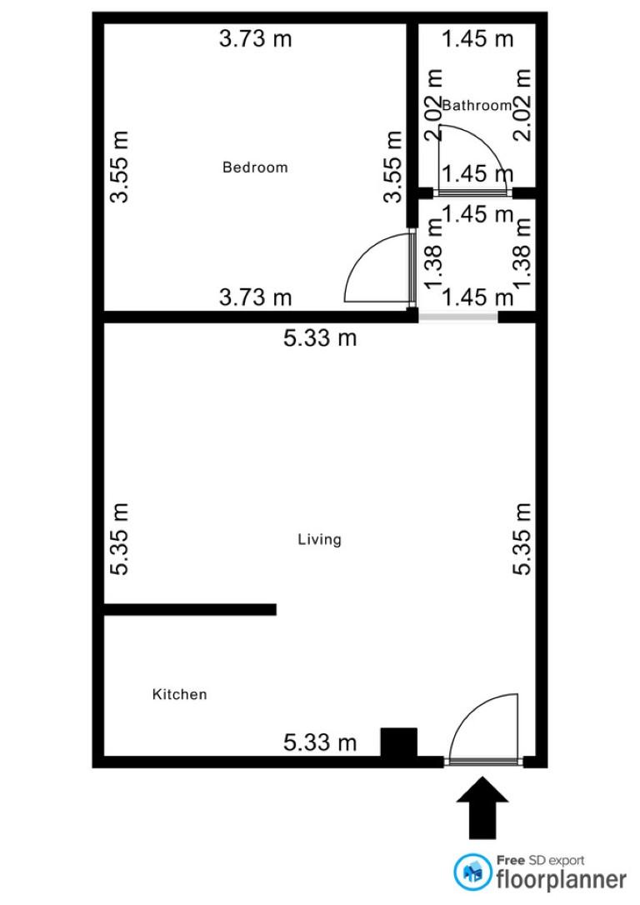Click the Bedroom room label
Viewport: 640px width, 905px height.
click(x=255, y=167)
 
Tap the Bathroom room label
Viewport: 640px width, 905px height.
click(x=477, y=105)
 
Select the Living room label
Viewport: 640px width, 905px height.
click(x=319, y=540)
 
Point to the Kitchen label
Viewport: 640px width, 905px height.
click(x=179, y=694)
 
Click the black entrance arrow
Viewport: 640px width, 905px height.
click(x=482, y=807)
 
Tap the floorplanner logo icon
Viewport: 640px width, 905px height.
click(x=472, y=872)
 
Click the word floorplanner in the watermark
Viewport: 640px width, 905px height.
click(x=561, y=880)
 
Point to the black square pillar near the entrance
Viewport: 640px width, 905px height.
click(x=399, y=742)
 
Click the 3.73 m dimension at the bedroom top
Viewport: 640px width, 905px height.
click(x=256, y=38)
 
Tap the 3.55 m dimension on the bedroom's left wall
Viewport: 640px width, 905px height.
click(x=119, y=167)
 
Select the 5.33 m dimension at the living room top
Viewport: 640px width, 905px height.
click(x=320, y=337)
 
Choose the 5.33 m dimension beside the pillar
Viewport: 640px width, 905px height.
click(x=320, y=742)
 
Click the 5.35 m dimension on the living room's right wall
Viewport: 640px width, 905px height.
click(x=522, y=539)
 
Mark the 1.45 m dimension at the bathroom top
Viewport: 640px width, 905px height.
click(x=477, y=38)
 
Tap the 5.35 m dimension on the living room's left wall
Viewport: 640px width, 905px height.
click(x=119, y=539)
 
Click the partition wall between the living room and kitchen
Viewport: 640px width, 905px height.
click(x=190, y=609)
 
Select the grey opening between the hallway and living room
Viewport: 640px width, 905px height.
click(x=458, y=317)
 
